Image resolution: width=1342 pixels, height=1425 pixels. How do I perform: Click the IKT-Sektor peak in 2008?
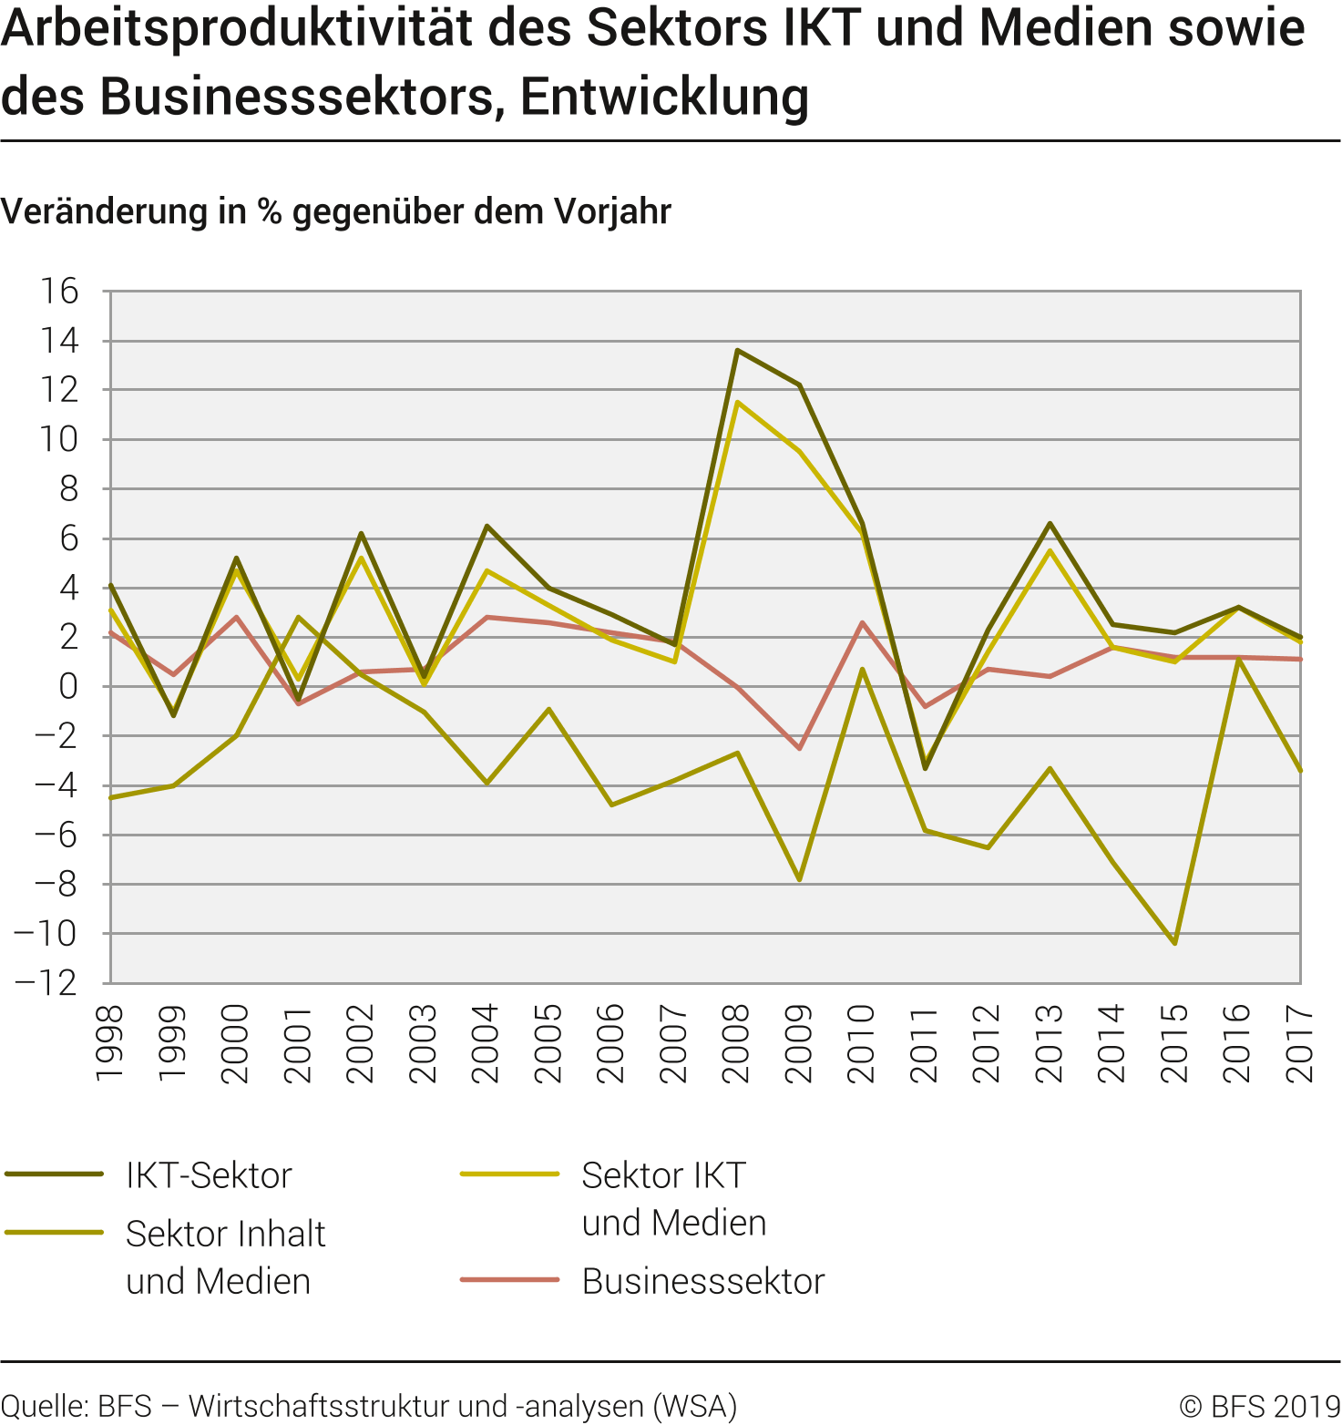tap(737, 350)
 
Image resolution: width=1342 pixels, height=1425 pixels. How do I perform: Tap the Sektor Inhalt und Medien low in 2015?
tap(1175, 943)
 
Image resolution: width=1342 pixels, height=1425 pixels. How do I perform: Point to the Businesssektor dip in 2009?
tap(800, 748)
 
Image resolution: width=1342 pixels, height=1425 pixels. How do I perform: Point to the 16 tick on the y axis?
tap(59, 292)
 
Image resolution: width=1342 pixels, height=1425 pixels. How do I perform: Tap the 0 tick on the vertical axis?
tap(68, 687)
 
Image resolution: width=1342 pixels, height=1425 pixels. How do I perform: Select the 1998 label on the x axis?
tap(109, 1044)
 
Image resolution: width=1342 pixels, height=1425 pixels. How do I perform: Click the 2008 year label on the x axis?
tap(736, 1044)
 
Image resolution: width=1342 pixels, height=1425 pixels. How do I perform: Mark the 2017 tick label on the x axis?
tap(1299, 1044)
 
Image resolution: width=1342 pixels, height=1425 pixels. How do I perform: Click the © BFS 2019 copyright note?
tap(1259, 1406)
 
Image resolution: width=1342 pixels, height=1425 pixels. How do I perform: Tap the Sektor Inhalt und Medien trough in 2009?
tap(800, 879)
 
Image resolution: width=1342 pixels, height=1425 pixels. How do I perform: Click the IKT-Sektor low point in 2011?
tap(925, 768)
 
